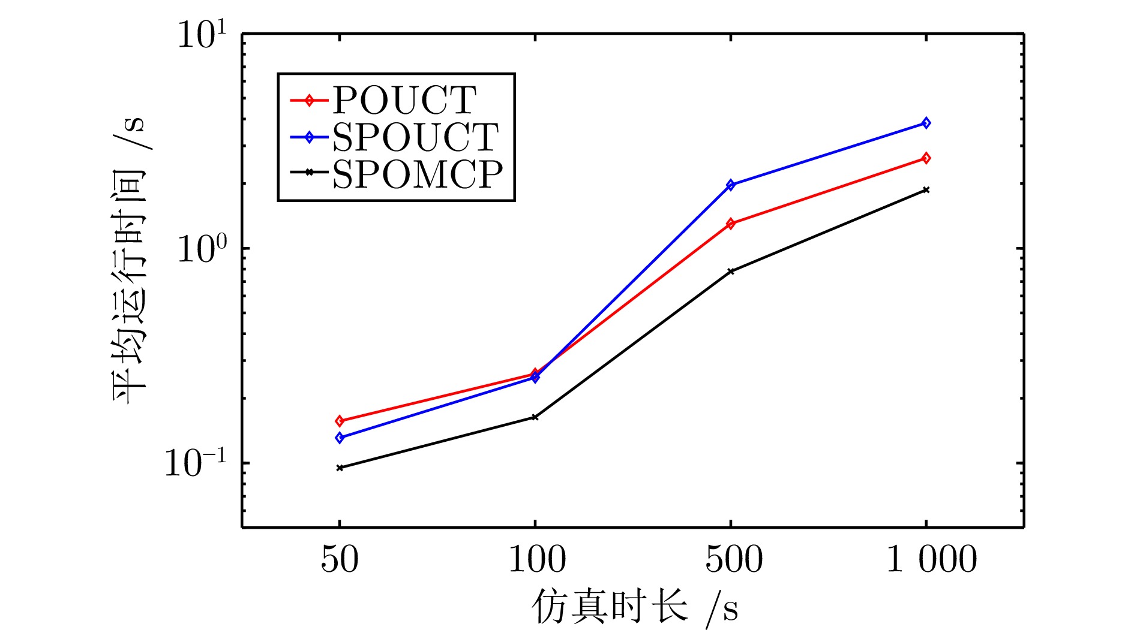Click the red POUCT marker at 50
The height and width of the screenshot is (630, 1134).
340,421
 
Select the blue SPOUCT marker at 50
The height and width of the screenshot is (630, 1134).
340,438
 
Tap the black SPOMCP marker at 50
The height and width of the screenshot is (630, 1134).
340,468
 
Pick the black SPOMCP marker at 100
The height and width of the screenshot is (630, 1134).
535,417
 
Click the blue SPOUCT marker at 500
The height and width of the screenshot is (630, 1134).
730,185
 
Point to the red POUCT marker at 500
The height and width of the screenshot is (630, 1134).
730,224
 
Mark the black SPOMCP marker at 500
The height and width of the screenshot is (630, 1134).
730,272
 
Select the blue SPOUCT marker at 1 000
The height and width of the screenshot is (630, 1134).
926,123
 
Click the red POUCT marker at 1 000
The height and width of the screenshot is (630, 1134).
926,158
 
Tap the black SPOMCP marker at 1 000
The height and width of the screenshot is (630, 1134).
926,190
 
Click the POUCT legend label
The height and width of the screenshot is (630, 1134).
404,100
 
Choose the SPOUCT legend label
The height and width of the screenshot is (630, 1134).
415,137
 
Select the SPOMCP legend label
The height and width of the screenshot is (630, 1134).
418,174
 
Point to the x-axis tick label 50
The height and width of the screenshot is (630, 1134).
340,560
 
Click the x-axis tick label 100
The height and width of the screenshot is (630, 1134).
536,560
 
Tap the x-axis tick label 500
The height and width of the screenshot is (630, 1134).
733,560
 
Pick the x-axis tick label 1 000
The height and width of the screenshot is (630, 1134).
931,560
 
